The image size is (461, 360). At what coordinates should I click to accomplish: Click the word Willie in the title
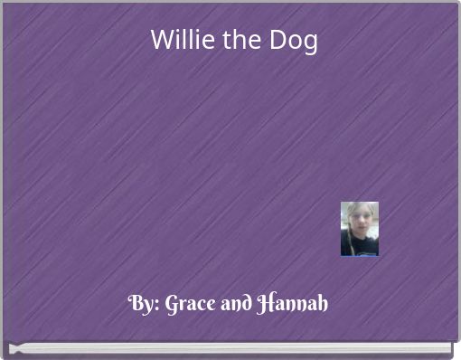pyautogui.click(x=176, y=41)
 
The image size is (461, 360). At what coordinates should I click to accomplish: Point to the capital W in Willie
pyautogui.click(x=161, y=41)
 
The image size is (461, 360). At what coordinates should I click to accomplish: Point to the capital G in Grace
pyautogui.click(x=173, y=304)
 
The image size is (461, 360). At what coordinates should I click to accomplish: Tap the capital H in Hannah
pyautogui.click(x=266, y=304)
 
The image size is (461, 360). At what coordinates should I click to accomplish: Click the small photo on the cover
pyautogui.click(x=359, y=229)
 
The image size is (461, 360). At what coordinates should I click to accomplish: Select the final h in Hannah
pyautogui.click(x=323, y=304)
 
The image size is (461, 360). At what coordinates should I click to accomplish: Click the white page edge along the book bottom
pyautogui.click(x=230, y=347)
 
